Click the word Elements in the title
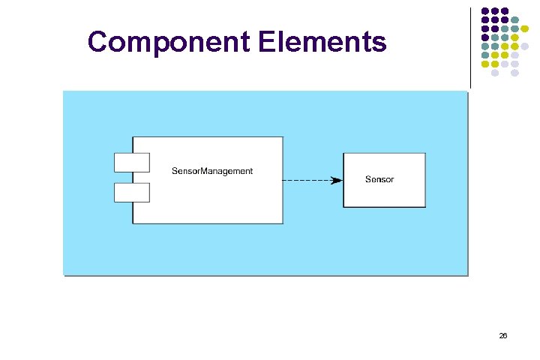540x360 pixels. [322, 42]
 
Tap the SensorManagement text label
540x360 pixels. [212, 171]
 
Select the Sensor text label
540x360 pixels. [379, 179]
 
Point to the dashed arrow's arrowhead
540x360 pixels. [337, 180]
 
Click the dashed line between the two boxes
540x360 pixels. [307, 180]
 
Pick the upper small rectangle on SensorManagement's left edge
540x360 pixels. [131, 162]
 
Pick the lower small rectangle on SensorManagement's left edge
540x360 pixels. [131, 193]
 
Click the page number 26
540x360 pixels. [503, 336]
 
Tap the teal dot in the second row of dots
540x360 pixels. [515, 20]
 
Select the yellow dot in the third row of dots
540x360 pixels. [525, 29]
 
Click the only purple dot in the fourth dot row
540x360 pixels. [485, 38]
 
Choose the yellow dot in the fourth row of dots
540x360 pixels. [515, 38]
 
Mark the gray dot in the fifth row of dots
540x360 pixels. [525, 46]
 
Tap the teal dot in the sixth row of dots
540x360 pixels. [485, 55]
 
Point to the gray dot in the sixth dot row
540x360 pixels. [515, 55]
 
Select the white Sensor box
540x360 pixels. [384, 195]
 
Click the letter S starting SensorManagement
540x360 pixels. [175, 171]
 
